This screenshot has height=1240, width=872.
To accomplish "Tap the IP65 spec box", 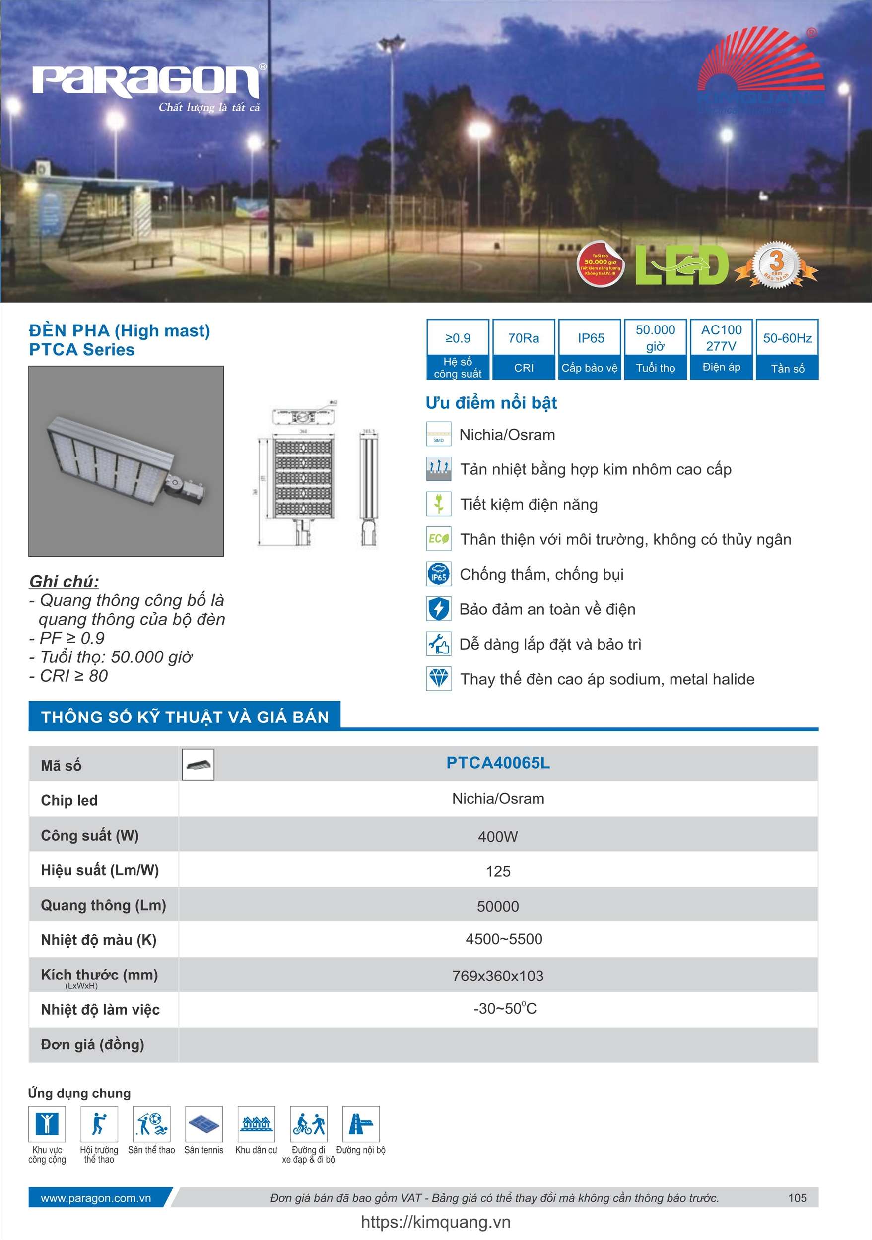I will click(590, 349).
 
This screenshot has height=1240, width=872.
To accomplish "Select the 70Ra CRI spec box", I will click(524, 349).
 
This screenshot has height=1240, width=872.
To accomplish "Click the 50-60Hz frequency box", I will click(787, 349).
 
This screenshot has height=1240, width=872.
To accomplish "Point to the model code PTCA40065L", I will click(498, 763).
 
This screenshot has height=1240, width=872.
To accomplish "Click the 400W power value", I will click(498, 837).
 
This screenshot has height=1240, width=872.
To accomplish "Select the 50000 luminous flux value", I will click(498, 906).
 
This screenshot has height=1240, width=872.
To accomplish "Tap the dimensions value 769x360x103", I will click(498, 976).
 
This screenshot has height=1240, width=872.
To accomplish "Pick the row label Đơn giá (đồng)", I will click(92, 1044).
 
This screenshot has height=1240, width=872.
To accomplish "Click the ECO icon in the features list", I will click(438, 539).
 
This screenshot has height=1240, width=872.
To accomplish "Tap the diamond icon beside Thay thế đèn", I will click(438, 679).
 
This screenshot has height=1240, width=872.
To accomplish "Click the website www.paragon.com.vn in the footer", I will click(96, 1198).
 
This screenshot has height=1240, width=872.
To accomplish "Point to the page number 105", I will click(797, 1198).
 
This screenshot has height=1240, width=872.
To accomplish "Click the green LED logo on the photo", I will click(682, 264).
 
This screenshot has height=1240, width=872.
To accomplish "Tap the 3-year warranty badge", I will click(776, 264).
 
